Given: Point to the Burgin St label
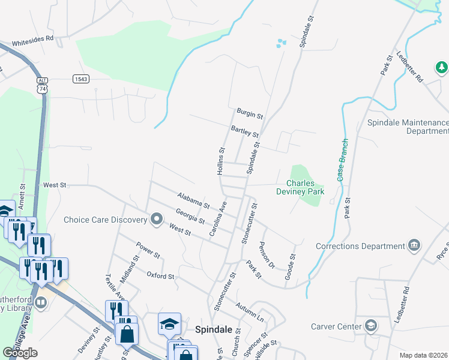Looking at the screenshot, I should pos(250,113).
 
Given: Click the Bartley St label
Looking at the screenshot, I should pos(244,131).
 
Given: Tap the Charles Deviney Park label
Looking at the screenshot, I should pos(305,187).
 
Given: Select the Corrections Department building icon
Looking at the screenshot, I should pos(414,245).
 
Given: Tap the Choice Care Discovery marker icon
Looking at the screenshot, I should pos(157,219).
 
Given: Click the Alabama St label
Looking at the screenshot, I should pos(193,200).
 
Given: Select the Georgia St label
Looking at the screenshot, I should pos(190,215).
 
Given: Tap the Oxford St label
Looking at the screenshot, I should pos(160,276).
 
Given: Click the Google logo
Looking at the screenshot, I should pos(20,353).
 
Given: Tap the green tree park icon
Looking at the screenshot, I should pos(442,67).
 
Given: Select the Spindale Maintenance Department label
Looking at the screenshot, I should pos(408,127).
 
